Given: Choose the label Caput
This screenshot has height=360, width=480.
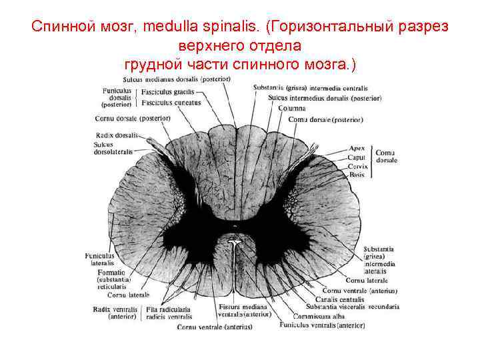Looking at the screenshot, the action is [x=356, y=157].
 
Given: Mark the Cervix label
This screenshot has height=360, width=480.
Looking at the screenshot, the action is [x=357, y=165].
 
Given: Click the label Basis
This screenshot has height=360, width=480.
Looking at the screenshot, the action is [x=356, y=174].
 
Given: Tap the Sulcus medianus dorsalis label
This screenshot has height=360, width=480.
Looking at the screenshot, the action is [x=175, y=79].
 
